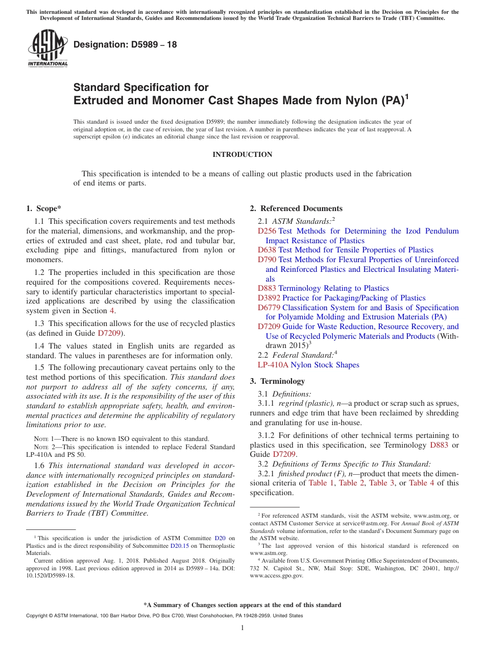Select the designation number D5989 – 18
point(125,44)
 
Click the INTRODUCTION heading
point(242,154)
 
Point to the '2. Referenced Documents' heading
point(296,208)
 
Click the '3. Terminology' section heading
point(277,381)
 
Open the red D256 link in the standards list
point(266,231)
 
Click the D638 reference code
point(266,250)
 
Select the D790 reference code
point(266,260)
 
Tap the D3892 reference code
point(269,298)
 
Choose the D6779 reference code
point(269,308)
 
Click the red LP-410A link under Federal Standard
point(273,365)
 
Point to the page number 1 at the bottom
point(243,628)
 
